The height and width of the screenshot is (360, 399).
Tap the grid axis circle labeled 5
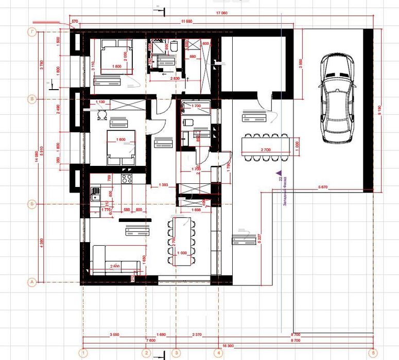[x=372, y=353]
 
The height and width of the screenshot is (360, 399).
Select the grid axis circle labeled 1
[x=82, y=353]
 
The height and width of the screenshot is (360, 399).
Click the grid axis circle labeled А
[x=32, y=282]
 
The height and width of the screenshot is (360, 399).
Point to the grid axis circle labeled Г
[x=32, y=32]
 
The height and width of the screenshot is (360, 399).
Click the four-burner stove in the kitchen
[x=127, y=179]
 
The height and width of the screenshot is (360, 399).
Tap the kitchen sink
[x=95, y=194]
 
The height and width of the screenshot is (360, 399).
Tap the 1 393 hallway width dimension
[x=164, y=184]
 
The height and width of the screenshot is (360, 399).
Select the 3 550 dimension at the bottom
[x=114, y=334]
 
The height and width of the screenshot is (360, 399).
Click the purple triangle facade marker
[x=279, y=174]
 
